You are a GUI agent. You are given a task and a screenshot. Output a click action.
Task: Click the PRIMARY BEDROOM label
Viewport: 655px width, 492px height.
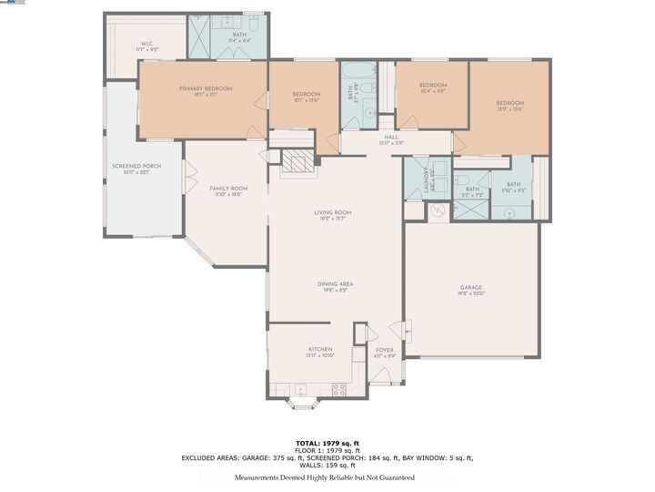pyautogui.click(x=206, y=88)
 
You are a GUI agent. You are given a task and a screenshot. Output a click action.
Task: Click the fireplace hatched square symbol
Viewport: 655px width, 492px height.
pyautogui.click(x=295, y=162)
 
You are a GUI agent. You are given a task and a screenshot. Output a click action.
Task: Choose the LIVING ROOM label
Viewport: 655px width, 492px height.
pyautogui.click(x=333, y=212)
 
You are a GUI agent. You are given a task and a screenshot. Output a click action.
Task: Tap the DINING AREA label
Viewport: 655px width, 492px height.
pyautogui.click(x=335, y=283)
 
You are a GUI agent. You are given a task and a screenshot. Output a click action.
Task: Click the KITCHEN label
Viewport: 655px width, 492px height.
pyautogui.click(x=320, y=349)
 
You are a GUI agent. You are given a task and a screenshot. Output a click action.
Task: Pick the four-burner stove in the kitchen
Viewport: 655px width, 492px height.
pyautogui.click(x=338, y=388)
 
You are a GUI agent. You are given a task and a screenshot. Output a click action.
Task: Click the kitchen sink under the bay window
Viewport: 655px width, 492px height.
pyautogui.click(x=301, y=389)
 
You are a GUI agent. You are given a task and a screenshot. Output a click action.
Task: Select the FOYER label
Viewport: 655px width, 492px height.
pyautogui.click(x=385, y=349)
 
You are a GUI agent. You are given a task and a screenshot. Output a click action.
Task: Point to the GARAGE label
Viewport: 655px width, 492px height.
pyautogui.click(x=470, y=288)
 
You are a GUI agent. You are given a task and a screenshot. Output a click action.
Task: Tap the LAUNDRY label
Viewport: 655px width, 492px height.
pyautogui.click(x=426, y=179)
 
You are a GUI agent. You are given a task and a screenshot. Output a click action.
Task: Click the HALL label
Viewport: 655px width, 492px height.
pyautogui.click(x=391, y=138)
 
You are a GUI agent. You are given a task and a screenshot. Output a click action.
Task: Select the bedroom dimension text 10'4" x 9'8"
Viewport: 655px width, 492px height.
pyautogui.click(x=433, y=90)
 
